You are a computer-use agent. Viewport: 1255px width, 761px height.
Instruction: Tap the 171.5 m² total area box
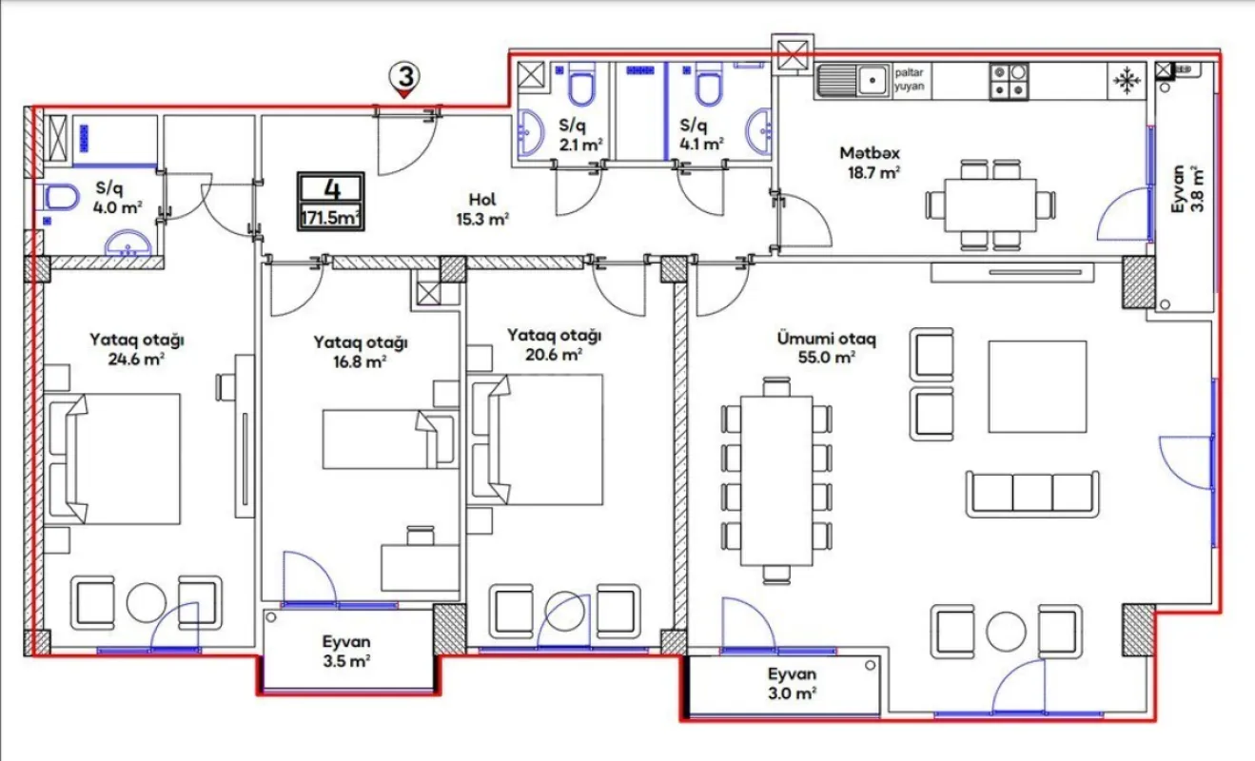click(x=330, y=203)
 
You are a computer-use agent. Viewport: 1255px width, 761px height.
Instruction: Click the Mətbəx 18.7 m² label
click(x=870, y=162)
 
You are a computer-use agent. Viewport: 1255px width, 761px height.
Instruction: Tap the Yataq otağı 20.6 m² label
click(x=555, y=344)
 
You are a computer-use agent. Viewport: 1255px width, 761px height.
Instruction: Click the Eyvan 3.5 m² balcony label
click(x=346, y=651)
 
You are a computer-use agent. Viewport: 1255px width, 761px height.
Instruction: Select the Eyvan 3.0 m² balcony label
click(x=793, y=683)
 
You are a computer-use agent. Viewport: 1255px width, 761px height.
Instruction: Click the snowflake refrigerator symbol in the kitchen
click(x=1128, y=81)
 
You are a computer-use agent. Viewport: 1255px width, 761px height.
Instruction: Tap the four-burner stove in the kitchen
click(x=1009, y=81)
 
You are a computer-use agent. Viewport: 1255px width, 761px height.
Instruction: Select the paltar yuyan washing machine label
click(x=909, y=79)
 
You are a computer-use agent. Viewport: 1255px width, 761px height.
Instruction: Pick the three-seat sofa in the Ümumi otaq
click(x=1032, y=494)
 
